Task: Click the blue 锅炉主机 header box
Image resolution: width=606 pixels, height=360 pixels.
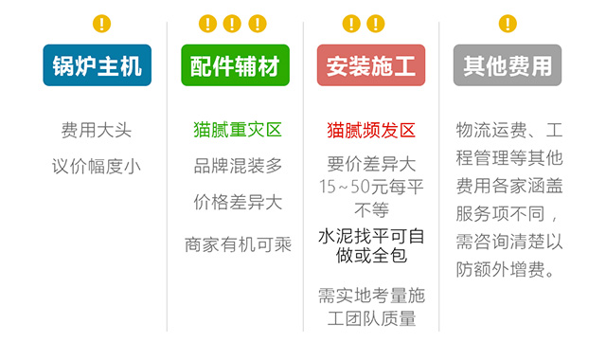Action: tap(97, 65)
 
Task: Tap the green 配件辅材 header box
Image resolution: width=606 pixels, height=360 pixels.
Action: tap(234, 65)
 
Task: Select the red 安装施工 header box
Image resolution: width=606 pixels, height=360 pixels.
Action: tap(370, 65)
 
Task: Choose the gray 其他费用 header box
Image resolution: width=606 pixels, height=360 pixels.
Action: tap(508, 65)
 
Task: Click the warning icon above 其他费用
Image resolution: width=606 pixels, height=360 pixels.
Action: tap(508, 24)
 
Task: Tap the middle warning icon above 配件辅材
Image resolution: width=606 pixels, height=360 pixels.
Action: tap(233, 24)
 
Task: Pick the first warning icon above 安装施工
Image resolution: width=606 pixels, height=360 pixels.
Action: tap(351, 24)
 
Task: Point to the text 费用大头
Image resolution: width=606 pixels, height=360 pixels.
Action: tap(97, 130)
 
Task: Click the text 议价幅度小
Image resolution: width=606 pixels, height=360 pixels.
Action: tap(97, 166)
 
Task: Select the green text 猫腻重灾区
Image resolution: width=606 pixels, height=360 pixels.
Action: tap(238, 130)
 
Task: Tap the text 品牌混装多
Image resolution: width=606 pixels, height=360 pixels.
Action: tap(238, 166)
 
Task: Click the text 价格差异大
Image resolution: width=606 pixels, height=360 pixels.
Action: tap(238, 202)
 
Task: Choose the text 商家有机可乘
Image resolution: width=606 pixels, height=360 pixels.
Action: tap(238, 244)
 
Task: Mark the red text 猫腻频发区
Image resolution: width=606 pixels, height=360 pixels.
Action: tap(371, 130)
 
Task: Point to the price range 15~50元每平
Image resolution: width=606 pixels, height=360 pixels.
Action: tap(371, 186)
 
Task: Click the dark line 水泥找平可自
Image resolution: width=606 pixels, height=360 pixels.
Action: tap(371, 234)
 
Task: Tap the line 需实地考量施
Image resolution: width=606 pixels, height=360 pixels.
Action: tap(371, 295)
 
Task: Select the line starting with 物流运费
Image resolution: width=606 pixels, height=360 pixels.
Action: tap(509, 130)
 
